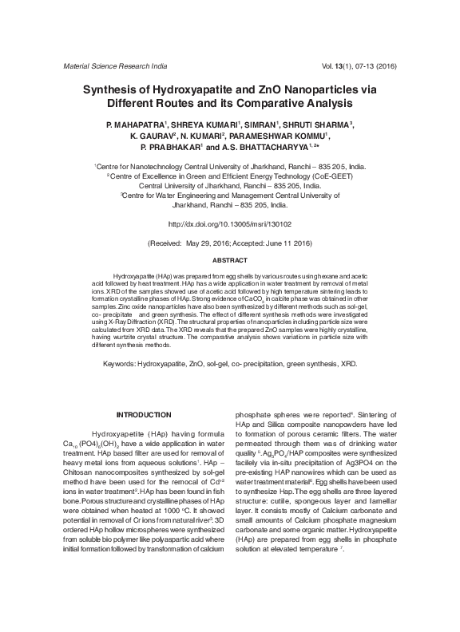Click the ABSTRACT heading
click(229, 261)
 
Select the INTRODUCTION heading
click(144, 414)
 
